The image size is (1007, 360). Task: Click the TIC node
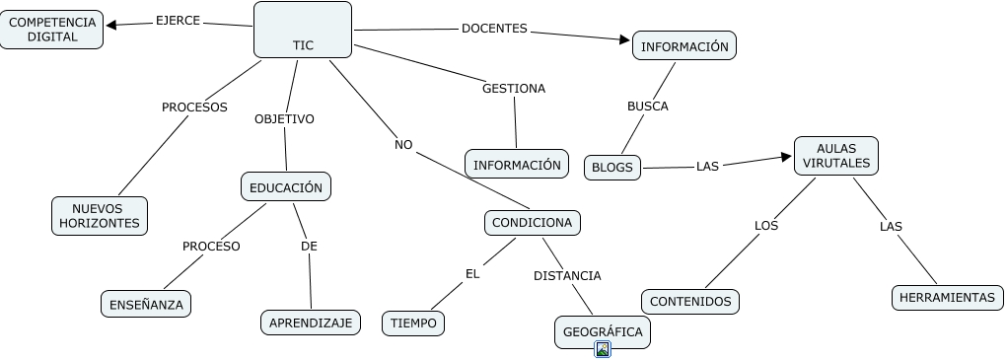pyautogui.click(x=303, y=30)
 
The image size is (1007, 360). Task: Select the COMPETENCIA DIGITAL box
pyautogui.click(x=51, y=30)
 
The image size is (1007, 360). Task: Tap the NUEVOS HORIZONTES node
pyautogui.click(x=100, y=216)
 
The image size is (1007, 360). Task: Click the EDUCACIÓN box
pyautogui.click(x=286, y=186)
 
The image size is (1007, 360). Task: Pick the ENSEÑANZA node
pyautogui.click(x=146, y=304)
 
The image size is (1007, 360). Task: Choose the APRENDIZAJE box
pyautogui.click(x=311, y=323)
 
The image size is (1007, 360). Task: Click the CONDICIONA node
pyautogui.click(x=532, y=223)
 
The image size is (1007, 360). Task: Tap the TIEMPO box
pyautogui.click(x=413, y=323)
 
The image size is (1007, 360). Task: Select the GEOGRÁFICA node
pyautogui.click(x=603, y=331)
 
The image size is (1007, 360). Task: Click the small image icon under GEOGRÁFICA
pyautogui.click(x=603, y=349)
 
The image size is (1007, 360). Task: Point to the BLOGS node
pyautogui.click(x=612, y=168)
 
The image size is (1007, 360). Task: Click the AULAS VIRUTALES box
pyautogui.click(x=836, y=155)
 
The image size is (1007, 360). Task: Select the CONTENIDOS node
pyautogui.click(x=690, y=302)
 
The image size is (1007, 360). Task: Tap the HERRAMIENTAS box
pyautogui.click(x=947, y=298)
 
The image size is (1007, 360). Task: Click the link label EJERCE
pyautogui.click(x=178, y=21)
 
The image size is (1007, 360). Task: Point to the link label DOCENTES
pyautogui.click(x=494, y=29)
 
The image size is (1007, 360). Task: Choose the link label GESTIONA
pyautogui.click(x=514, y=89)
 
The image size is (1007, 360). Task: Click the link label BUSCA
pyautogui.click(x=648, y=107)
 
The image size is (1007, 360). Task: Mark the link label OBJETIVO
pyautogui.click(x=284, y=119)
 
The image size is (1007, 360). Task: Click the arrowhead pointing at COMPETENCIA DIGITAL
pyautogui.click(x=111, y=25)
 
